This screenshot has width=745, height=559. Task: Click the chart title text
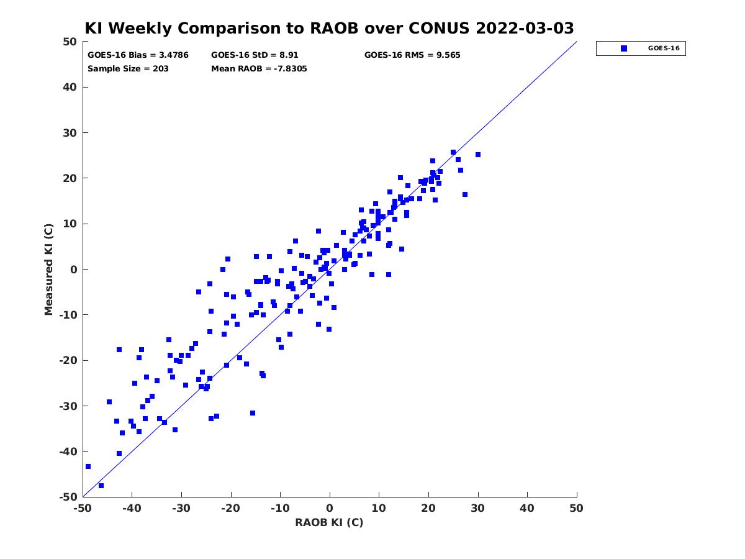(x=329, y=29)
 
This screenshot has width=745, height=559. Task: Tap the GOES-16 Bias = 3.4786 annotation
(x=138, y=55)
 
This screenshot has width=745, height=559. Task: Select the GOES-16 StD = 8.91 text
(x=255, y=55)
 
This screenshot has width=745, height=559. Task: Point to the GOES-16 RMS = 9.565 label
(x=412, y=55)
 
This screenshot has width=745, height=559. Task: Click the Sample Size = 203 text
(x=128, y=69)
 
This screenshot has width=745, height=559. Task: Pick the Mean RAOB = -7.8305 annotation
(x=259, y=69)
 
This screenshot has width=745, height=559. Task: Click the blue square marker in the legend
(x=624, y=48)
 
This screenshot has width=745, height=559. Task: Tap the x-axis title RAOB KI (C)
(x=329, y=522)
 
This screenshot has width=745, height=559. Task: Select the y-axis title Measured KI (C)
(x=48, y=270)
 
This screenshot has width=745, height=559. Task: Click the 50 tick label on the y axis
(x=70, y=42)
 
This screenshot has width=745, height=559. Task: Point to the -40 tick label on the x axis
(x=132, y=508)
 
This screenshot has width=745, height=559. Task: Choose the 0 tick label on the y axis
(x=74, y=270)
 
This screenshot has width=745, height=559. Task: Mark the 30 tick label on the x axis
(x=478, y=508)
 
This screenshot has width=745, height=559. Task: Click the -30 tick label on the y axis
(x=68, y=406)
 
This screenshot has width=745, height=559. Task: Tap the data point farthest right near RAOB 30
(x=478, y=155)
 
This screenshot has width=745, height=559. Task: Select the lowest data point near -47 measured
(x=101, y=486)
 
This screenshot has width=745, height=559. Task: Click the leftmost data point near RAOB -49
(x=88, y=466)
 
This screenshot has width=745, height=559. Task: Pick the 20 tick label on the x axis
(x=428, y=508)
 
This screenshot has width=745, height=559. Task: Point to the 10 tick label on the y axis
(x=70, y=224)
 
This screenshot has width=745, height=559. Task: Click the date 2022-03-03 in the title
(x=525, y=29)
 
